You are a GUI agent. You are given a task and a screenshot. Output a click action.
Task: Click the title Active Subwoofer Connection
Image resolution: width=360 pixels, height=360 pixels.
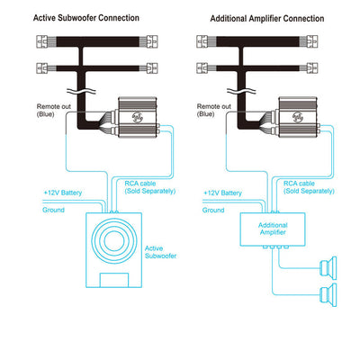(x=86, y=18)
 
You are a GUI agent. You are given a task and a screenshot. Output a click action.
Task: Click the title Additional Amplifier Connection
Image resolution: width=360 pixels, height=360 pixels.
(x=267, y=19)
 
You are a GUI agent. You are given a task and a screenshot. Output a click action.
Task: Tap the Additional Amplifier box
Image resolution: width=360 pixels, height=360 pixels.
(x=273, y=229)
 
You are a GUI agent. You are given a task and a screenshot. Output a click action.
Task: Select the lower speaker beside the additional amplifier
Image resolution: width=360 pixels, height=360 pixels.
(x=328, y=294)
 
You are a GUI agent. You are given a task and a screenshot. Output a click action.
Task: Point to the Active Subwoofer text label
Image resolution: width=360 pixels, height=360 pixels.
(x=160, y=252)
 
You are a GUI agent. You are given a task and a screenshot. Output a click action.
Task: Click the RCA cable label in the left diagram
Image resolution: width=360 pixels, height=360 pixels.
(x=150, y=187)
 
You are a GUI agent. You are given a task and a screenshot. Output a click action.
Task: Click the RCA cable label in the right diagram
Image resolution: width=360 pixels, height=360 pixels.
(x=309, y=187)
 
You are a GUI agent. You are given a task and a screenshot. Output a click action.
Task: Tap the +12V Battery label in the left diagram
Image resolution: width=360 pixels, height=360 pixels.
(x=63, y=193)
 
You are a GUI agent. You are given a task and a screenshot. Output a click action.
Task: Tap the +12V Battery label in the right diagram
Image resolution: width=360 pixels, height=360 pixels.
(x=222, y=193)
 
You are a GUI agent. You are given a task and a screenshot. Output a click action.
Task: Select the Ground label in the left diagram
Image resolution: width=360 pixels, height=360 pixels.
(x=53, y=210)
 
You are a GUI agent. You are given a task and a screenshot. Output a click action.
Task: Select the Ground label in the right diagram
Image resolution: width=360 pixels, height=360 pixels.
(x=213, y=210)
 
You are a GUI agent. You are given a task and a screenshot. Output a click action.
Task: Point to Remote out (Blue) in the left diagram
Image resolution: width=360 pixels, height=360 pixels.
(x=54, y=110)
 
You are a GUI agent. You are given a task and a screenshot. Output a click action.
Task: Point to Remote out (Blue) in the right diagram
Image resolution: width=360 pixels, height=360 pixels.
(x=214, y=110)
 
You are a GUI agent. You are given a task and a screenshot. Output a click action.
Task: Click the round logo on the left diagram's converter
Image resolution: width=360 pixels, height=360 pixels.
(x=138, y=117)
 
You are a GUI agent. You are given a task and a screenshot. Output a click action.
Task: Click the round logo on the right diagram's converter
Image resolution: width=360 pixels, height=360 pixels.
(x=298, y=117)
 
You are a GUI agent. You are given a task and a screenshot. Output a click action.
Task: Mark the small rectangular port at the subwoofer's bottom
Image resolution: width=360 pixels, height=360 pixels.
(x=114, y=280)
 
